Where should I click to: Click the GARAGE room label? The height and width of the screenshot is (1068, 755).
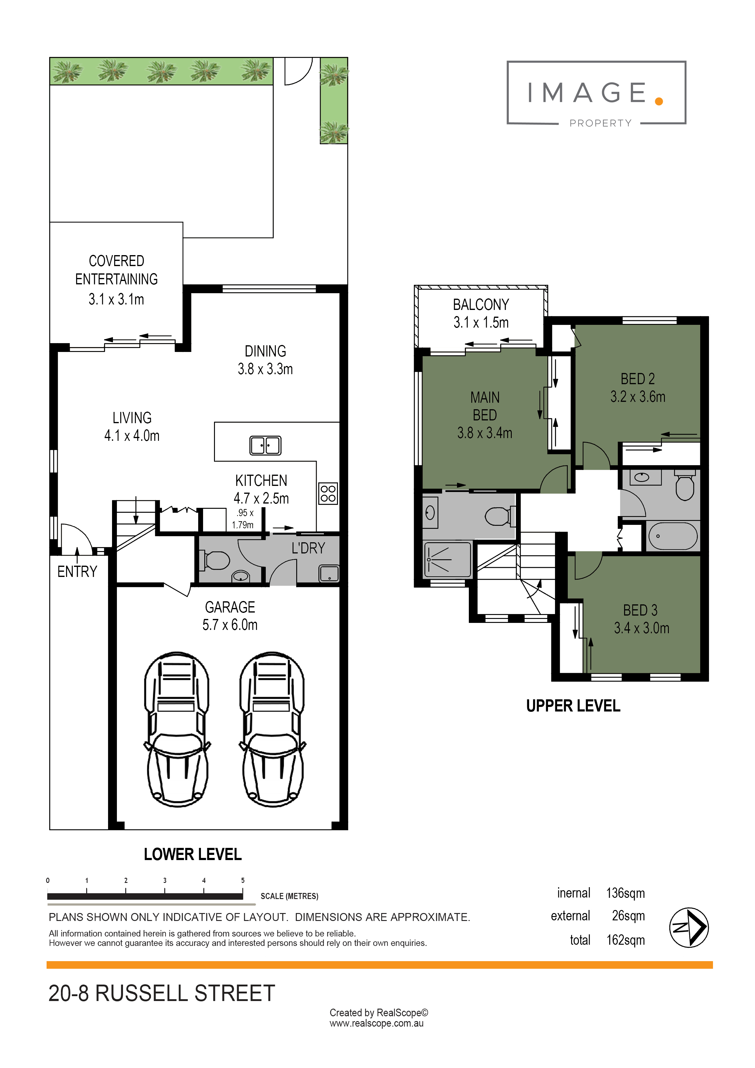click(x=230, y=607)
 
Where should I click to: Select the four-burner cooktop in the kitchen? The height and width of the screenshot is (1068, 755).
click(x=328, y=494)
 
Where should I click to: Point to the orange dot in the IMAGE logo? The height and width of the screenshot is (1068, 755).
click(x=659, y=101)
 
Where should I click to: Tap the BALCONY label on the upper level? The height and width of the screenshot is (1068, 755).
click(x=481, y=305)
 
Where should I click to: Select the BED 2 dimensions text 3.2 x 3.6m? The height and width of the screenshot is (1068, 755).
click(x=638, y=397)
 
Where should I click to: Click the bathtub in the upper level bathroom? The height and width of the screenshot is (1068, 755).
click(x=673, y=536)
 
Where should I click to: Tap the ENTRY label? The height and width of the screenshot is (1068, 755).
click(x=77, y=572)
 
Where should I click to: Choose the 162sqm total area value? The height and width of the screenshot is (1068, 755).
click(x=626, y=940)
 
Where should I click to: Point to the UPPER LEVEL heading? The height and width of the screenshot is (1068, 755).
click(x=573, y=706)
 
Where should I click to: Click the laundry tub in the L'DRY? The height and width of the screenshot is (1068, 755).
click(x=329, y=574)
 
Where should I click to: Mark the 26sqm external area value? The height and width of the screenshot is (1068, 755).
click(x=628, y=916)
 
